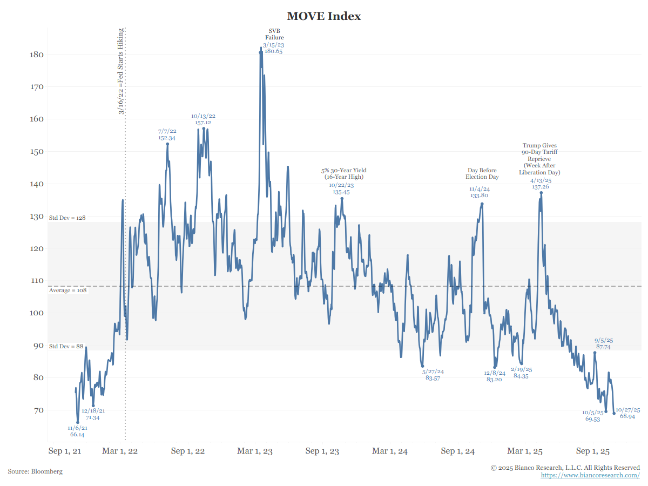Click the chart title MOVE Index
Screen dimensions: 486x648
(324, 16)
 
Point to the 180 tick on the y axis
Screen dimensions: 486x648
(37, 55)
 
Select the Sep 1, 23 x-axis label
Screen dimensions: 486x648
(322, 451)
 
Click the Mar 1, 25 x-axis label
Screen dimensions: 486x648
(525, 451)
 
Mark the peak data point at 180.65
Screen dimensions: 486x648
(261, 52)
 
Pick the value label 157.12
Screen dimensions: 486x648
(203, 123)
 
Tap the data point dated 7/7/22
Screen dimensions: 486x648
(167, 144)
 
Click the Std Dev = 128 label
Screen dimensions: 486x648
(67, 218)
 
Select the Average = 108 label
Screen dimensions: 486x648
(67, 291)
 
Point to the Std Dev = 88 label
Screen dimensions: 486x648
(66, 346)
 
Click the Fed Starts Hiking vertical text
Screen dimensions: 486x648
(122, 71)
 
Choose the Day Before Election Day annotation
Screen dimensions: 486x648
(482, 173)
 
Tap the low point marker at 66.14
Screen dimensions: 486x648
(77, 422)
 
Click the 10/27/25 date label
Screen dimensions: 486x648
(628, 410)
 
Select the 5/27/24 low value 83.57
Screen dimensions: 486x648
(433, 379)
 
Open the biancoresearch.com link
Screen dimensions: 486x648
(590, 475)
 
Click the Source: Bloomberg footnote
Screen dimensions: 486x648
(35, 471)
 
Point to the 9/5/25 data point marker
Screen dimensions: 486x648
(595, 353)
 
